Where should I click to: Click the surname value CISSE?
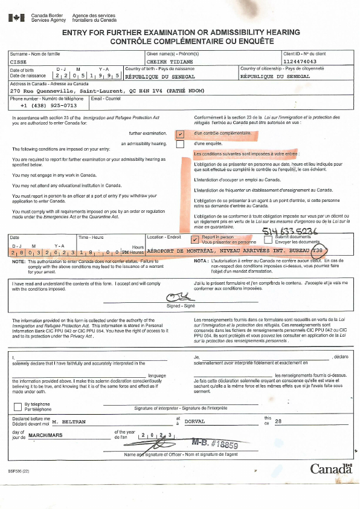(19, 62)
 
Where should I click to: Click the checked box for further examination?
(180, 133)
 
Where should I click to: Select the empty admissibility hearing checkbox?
(180, 144)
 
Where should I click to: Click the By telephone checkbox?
(16, 406)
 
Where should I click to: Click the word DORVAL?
(194, 421)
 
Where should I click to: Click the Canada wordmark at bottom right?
(331, 468)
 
